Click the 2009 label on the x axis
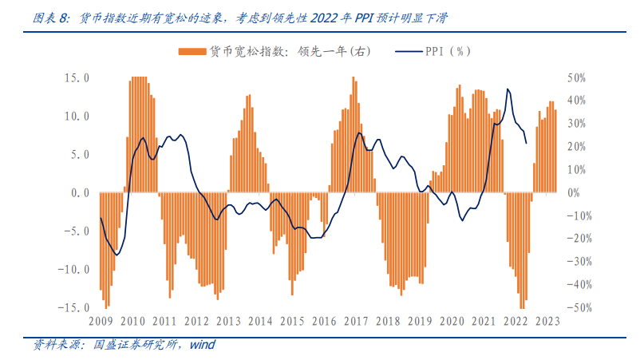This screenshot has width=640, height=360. tap(100, 321)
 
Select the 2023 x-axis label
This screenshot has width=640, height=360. tap(547, 321)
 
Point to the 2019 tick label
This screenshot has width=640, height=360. tap(420, 321)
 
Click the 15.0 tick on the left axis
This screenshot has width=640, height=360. tap(77, 78)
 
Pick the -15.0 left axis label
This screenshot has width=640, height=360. tap(74, 307)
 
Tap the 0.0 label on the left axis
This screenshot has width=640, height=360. tap(79, 193)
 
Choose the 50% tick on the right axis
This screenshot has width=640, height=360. tap(576, 78)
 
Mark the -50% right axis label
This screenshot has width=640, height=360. tap(578, 307)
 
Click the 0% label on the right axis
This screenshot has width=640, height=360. tap(574, 193)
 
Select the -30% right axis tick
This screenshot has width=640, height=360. tap(578, 262)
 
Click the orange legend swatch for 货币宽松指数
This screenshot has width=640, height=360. tap(191, 52)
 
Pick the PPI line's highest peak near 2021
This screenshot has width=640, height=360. tap(508, 89)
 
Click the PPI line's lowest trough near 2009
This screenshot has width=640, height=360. tap(117, 255)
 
